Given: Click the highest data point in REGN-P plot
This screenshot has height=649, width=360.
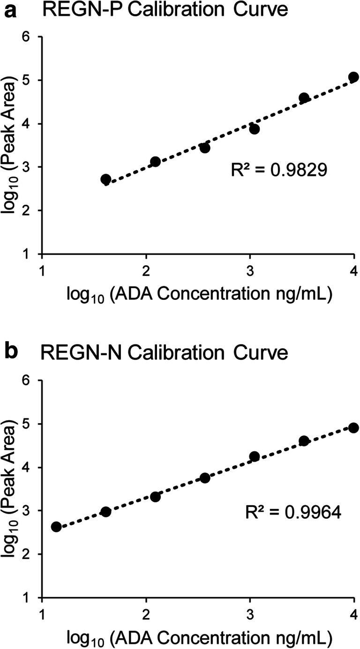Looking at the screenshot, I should click(x=353, y=77).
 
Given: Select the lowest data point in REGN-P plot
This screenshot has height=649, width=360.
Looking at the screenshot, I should click(x=105, y=179).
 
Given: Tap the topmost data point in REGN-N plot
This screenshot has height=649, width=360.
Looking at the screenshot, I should click(x=353, y=427).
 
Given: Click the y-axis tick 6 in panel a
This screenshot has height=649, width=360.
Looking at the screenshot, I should click(x=32, y=37).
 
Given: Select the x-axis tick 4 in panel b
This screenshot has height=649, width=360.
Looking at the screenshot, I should click(x=353, y=614).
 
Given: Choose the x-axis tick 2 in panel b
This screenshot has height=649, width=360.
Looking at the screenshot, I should click(x=146, y=614).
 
